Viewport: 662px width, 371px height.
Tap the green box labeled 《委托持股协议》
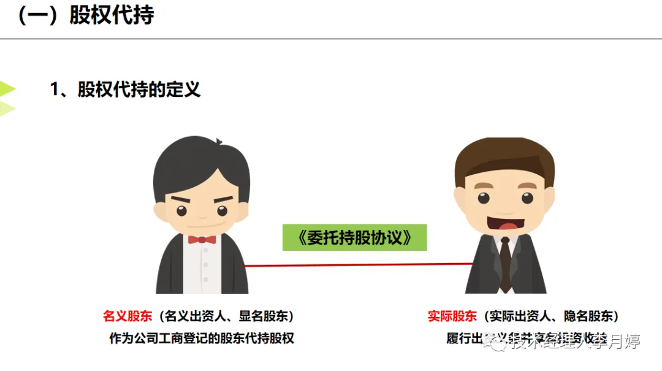pos(354,237)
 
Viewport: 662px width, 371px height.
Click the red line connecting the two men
pos(359,265)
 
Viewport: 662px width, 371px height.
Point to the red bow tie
pos(202,239)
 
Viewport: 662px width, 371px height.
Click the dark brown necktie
pos(505,264)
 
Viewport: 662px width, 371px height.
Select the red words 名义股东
pos(127,316)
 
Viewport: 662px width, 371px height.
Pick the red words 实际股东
pos(452,316)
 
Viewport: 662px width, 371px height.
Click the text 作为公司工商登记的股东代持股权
pos(202,338)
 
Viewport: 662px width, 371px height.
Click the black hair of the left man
pos(202,159)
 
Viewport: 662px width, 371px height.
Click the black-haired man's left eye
pos(182,210)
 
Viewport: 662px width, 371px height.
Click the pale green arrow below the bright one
pos(6,109)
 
